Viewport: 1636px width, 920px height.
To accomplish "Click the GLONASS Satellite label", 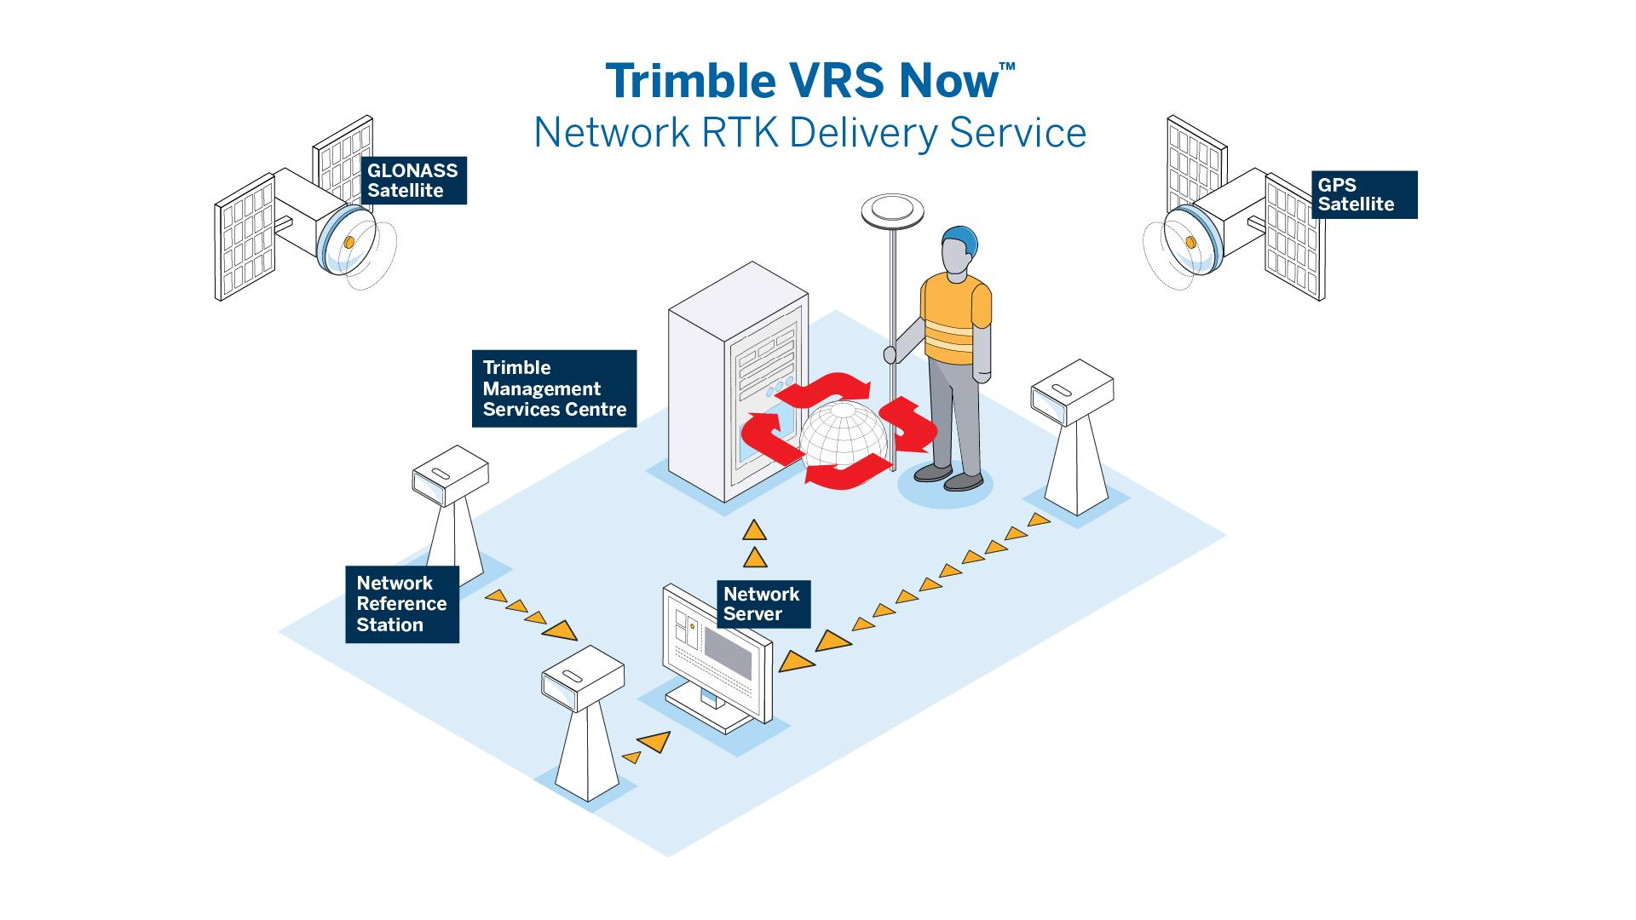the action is (x=413, y=180).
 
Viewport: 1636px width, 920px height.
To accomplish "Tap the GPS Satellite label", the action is (x=1363, y=195).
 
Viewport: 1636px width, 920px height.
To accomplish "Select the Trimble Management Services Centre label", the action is (x=554, y=388).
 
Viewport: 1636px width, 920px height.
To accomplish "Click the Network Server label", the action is (x=763, y=604).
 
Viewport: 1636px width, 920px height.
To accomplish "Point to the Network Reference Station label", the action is (x=402, y=604).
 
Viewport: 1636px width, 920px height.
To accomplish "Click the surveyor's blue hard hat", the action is (x=959, y=241).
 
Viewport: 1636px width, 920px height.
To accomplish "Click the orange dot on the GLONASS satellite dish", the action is (x=349, y=244).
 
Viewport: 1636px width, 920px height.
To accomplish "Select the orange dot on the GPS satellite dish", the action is (x=1191, y=244).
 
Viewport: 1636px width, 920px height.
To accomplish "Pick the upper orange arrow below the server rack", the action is (x=754, y=531).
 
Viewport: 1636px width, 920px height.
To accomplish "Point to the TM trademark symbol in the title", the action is (x=1006, y=66).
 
